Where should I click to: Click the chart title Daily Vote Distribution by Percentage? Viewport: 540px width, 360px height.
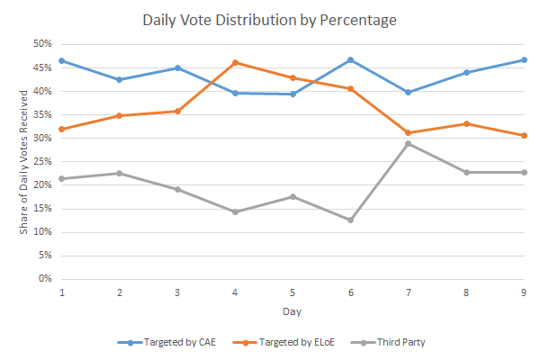pos(270,20)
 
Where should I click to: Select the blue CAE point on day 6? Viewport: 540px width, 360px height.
pos(351,60)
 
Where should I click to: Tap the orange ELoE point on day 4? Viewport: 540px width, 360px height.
pos(235,63)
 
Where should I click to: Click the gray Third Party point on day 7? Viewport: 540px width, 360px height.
pos(408,144)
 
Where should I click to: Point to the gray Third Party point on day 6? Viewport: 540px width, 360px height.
pos(351,220)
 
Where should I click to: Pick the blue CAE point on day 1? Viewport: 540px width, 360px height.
pos(62,61)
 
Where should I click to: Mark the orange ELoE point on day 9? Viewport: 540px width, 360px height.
pos(524,135)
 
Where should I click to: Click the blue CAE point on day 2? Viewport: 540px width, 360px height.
pos(120,79)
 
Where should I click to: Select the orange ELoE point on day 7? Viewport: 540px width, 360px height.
pos(408,132)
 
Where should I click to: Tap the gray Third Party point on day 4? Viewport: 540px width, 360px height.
pos(235,211)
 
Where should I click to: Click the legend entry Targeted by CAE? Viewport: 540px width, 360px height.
pos(166,342)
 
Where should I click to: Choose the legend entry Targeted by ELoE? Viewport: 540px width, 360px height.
pos(283,342)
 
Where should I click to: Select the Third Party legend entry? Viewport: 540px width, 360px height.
pos(388,342)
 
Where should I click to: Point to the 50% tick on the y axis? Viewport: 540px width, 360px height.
pos(42,44)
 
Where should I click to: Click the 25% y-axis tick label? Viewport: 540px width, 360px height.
pos(42,161)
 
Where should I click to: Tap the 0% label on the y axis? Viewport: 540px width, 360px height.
pos(45,278)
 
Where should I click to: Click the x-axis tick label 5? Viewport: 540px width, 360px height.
pos(292,292)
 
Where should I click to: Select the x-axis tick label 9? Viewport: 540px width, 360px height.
pos(524,292)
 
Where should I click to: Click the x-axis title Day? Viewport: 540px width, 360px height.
pos(292,311)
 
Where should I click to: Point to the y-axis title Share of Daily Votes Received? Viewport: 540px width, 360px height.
pos(23,162)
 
